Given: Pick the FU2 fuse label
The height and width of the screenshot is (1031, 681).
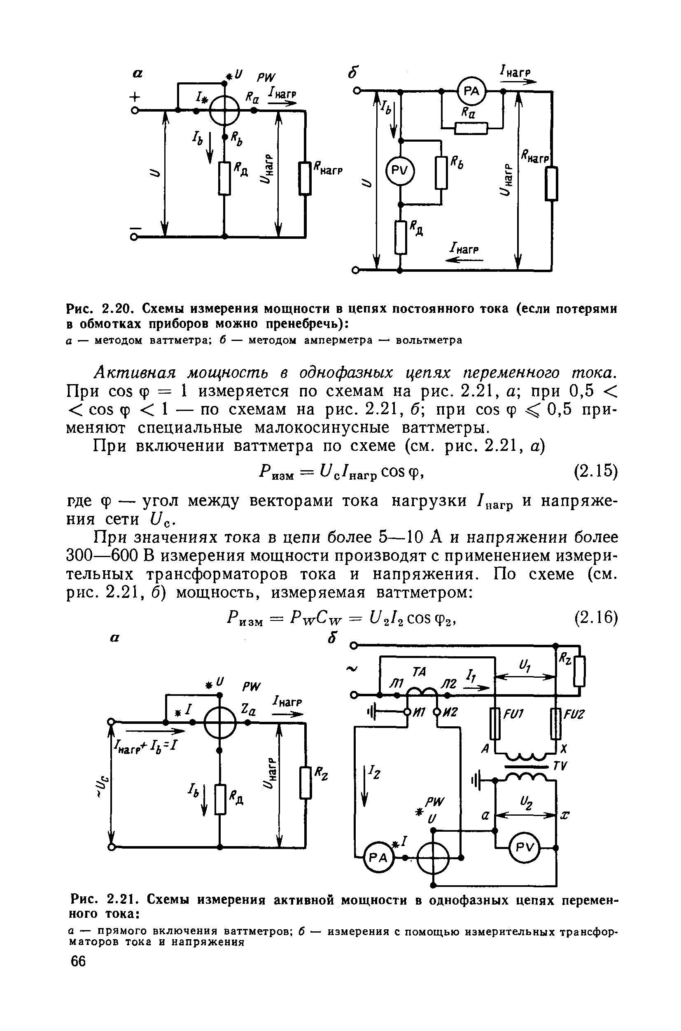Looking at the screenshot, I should [574, 714].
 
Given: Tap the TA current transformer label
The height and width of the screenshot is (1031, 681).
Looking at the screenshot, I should [419, 672].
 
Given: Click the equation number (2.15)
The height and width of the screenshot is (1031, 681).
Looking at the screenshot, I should [595, 471].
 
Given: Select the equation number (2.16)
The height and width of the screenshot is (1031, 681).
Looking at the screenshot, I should [595, 618].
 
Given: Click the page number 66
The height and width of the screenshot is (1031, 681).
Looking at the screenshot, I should [79, 961].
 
